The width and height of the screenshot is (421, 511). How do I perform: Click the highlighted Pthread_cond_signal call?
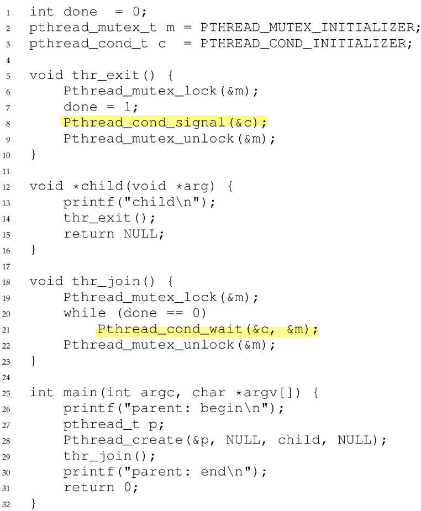coord(164,122)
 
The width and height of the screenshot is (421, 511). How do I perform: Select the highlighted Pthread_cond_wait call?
coord(207,329)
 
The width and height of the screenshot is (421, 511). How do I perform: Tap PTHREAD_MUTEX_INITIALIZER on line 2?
coord(306,27)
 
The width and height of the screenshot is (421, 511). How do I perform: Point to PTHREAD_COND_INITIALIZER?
coord(306,43)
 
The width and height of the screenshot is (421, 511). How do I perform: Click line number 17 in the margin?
coord(7,266)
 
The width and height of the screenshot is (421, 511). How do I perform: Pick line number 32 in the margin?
coord(7,504)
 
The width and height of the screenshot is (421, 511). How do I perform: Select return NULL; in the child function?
coord(113,234)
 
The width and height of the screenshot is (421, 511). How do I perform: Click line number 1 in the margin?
coord(7,12)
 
